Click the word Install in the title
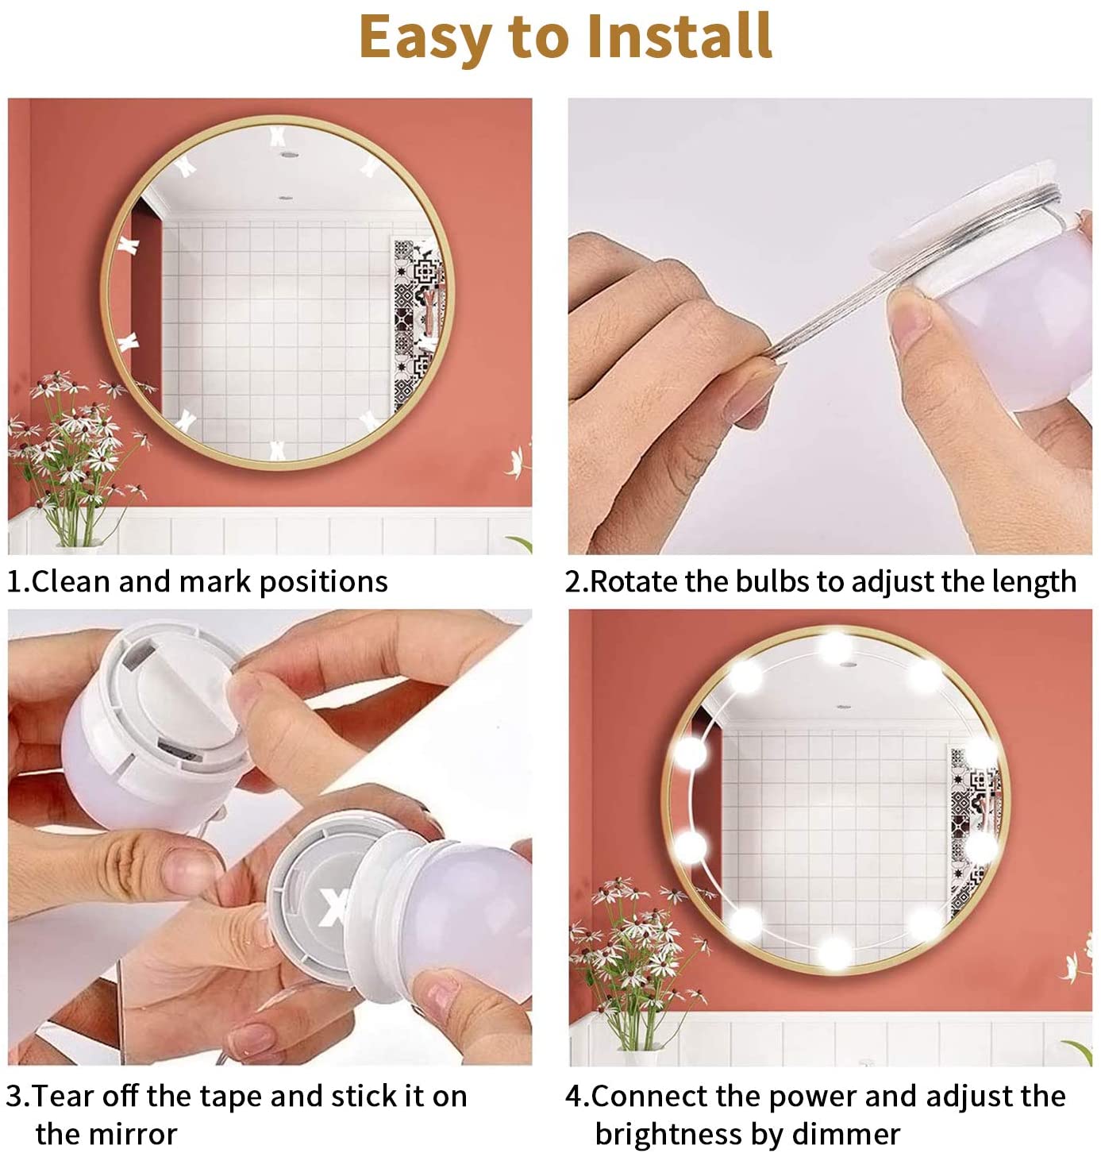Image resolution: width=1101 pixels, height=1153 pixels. pyautogui.click(x=679, y=36)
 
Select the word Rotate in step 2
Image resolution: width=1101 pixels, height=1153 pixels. pyautogui.click(x=633, y=581)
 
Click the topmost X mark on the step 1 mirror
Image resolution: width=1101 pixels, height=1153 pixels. pyautogui.click(x=276, y=137)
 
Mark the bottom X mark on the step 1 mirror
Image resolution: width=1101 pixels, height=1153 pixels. pyautogui.click(x=276, y=450)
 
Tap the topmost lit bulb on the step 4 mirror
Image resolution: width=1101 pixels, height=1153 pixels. pyautogui.click(x=834, y=648)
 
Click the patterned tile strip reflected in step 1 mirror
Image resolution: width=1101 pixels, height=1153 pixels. pyautogui.click(x=418, y=323)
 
